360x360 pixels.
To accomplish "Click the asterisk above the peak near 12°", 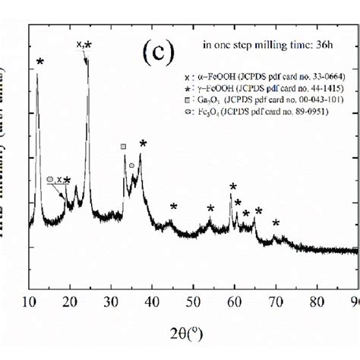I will click(39, 62).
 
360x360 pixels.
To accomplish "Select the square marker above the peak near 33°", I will click(123, 147).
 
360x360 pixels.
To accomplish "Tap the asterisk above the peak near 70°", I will click(276, 223).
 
